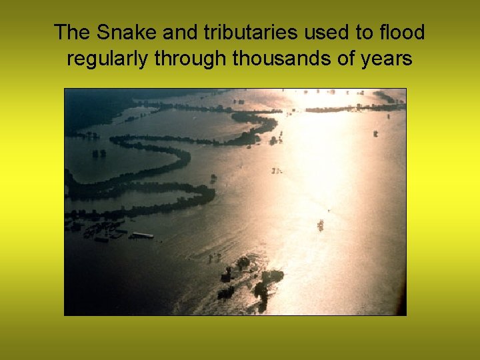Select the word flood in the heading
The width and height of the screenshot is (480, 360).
pos(402,32)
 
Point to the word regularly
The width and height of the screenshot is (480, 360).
pos(107,59)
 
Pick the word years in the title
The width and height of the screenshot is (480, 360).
pos(387,59)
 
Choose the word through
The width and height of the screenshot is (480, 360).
pos(191,59)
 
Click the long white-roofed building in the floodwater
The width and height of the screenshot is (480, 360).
pos(142,235)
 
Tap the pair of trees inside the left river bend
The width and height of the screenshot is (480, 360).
pos(99,153)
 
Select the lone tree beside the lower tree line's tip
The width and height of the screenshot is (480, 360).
pos(213,178)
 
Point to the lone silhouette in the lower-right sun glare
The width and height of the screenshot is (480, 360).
pos(320,225)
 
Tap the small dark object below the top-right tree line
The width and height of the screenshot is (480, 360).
pos(375,133)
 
